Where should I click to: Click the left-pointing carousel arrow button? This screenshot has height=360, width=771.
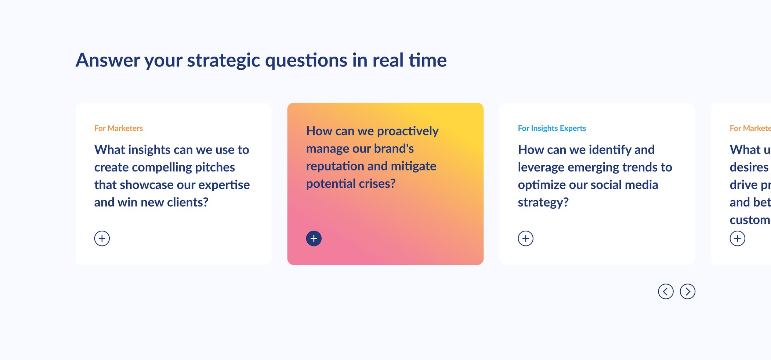click(665, 291)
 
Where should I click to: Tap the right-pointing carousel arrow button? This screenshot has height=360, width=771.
click(687, 291)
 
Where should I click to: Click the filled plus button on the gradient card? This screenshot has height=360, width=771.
click(314, 238)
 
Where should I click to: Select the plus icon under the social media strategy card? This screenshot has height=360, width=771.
click(525, 238)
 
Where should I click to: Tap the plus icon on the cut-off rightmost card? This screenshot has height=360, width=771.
click(737, 238)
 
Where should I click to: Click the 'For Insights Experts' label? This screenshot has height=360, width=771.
click(551, 128)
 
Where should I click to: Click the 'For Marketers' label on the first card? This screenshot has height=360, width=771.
click(118, 128)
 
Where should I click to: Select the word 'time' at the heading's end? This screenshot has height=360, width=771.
click(427, 60)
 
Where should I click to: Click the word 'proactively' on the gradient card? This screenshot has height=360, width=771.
click(408, 131)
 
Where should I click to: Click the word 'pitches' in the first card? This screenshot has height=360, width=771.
click(215, 168)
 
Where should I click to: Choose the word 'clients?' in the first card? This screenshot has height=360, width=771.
click(188, 202)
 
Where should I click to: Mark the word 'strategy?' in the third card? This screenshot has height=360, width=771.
click(543, 202)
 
